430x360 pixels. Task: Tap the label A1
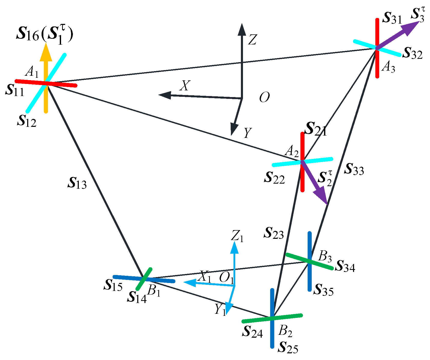(x=32, y=72)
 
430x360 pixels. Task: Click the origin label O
(x=264, y=98)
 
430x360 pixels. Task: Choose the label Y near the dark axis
(x=248, y=132)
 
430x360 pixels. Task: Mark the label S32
(x=413, y=53)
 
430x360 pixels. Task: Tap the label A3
(x=388, y=68)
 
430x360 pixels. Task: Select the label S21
(x=316, y=129)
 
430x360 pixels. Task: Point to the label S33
(x=354, y=169)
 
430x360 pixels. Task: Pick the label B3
(x=325, y=256)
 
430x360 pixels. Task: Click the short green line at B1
(x=144, y=279)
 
